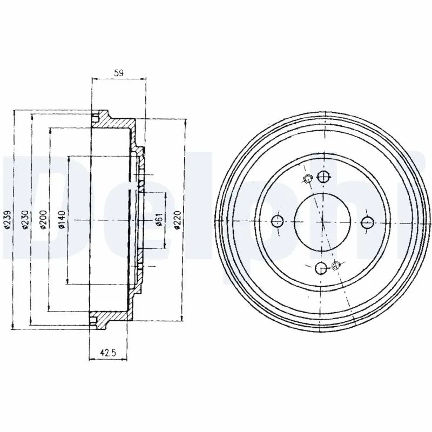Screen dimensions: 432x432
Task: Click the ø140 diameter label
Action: click(x=62, y=220)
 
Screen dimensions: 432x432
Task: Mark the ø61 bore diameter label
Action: click(x=159, y=220)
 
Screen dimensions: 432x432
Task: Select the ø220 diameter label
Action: click(x=178, y=220)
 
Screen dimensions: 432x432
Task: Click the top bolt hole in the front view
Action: click(x=323, y=177)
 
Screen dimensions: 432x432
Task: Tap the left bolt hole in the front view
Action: click(x=278, y=220)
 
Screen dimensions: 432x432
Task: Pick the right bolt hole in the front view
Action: click(x=368, y=221)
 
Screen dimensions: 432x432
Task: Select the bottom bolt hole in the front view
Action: click(x=321, y=266)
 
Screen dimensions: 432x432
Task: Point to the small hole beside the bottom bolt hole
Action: click(x=337, y=265)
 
